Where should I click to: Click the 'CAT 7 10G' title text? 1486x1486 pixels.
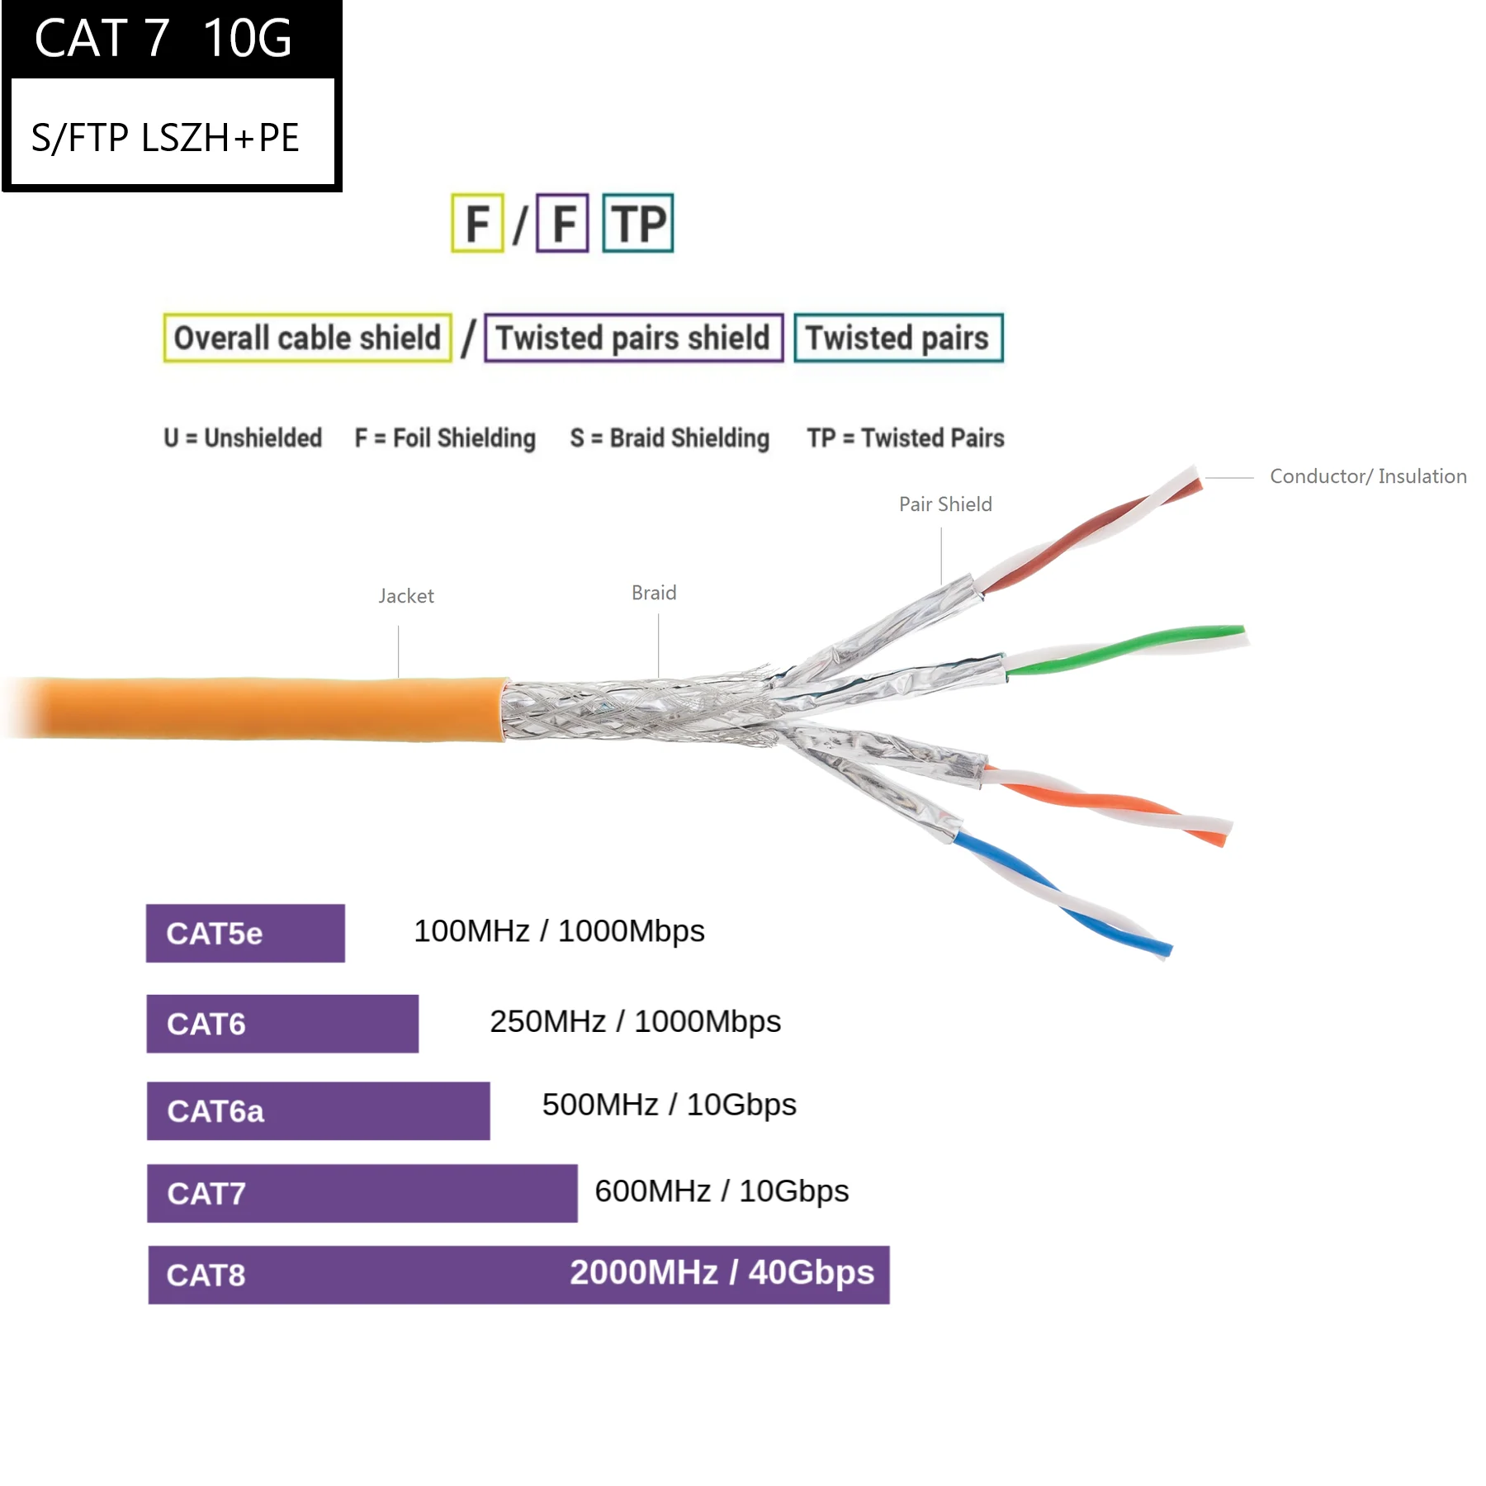click(x=163, y=38)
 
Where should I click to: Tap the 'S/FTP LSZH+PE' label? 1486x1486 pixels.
click(x=165, y=137)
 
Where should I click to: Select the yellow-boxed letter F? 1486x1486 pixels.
click(x=477, y=223)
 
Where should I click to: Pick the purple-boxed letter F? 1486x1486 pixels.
click(x=562, y=223)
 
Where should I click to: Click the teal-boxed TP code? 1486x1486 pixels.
click(x=638, y=223)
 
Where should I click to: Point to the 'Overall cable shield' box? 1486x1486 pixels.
click(x=307, y=338)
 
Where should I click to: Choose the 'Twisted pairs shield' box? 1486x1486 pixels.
click(x=633, y=338)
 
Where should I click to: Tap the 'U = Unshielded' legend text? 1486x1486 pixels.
click(x=242, y=438)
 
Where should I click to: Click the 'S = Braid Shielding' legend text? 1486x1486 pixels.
click(x=670, y=438)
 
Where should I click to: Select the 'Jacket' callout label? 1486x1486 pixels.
click(x=406, y=596)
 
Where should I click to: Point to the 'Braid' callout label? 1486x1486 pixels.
click(x=654, y=593)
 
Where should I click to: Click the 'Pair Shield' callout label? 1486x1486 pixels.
click(x=945, y=504)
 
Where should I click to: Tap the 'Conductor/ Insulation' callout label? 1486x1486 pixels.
click(x=1368, y=476)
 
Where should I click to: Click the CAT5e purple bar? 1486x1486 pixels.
click(x=245, y=933)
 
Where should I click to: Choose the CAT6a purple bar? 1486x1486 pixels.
click(x=318, y=1110)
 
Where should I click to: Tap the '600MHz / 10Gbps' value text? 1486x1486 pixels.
click(x=722, y=1191)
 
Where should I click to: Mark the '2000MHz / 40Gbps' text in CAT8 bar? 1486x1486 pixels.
click(x=722, y=1272)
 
